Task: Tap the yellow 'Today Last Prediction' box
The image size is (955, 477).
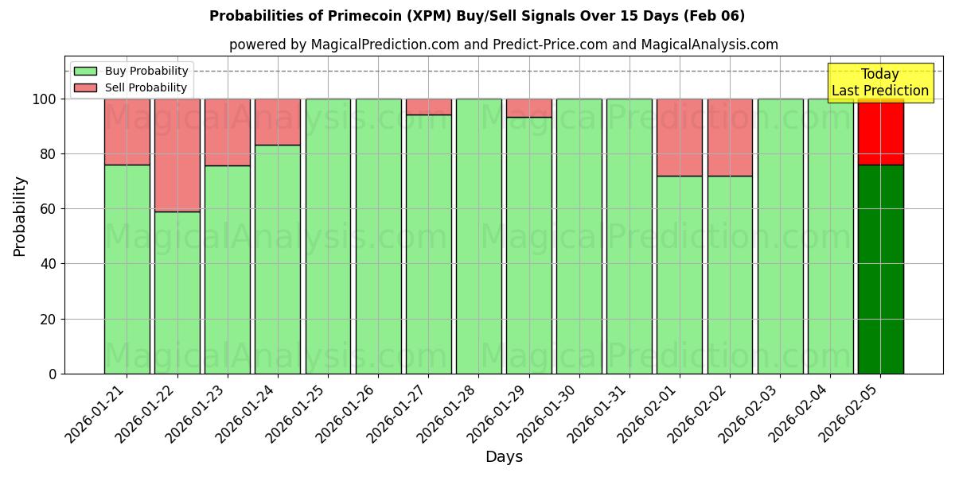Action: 879,83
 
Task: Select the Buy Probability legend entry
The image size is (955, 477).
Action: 131,71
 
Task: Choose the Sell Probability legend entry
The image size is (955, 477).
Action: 131,87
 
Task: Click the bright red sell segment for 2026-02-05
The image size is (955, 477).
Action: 880,132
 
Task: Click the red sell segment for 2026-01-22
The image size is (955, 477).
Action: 177,155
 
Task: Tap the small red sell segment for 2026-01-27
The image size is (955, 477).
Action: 428,107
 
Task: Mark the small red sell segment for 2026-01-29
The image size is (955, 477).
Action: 528,108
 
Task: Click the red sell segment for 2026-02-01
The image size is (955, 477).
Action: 680,137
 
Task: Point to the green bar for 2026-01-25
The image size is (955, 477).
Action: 328,236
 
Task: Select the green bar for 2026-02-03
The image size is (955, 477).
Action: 780,236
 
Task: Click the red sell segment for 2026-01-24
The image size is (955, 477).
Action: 278,122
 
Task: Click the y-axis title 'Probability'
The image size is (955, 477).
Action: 20,216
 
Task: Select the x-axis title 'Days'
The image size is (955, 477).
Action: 504,456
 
